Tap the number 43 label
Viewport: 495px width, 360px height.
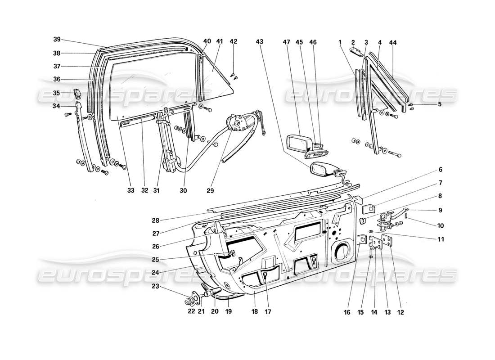[259, 41]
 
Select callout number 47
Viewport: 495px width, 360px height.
[286, 41]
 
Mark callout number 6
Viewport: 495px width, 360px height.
[440, 170]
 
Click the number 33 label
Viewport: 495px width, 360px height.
[130, 190]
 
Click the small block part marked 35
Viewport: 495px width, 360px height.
[76, 94]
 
